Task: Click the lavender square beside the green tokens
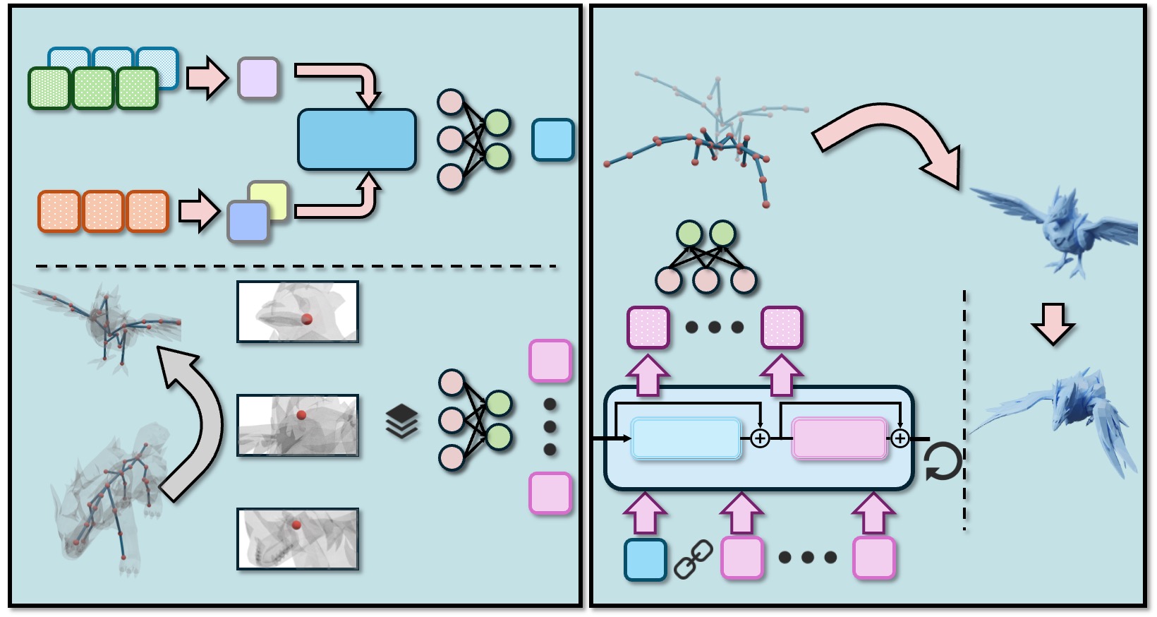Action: tap(258, 78)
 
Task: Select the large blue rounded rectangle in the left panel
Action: tap(356, 139)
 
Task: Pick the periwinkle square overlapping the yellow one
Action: tap(248, 221)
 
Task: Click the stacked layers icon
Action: tap(401, 421)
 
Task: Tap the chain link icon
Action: tap(693, 559)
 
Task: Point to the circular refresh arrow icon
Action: tap(943, 462)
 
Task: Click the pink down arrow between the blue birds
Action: tap(1053, 323)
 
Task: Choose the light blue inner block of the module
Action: tap(686, 438)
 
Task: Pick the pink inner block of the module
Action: tap(839, 438)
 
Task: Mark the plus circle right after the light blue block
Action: tap(760, 438)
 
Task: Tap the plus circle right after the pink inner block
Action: tap(899, 438)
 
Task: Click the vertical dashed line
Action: tap(964, 409)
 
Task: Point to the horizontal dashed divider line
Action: tap(296, 267)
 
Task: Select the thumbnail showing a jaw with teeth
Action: tap(298, 539)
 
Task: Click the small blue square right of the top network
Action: tap(552, 140)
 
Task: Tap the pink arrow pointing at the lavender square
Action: tap(207, 78)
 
